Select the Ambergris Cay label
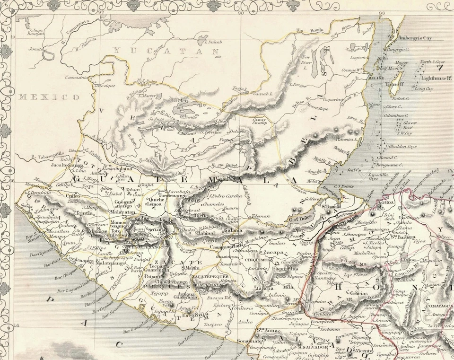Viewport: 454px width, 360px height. (415, 38)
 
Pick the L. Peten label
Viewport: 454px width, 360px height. (181, 100)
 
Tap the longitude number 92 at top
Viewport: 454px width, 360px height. (100, 13)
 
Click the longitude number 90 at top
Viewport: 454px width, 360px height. (240, 13)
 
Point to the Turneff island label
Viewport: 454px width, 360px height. (394, 84)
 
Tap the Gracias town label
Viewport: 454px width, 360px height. (359, 293)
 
